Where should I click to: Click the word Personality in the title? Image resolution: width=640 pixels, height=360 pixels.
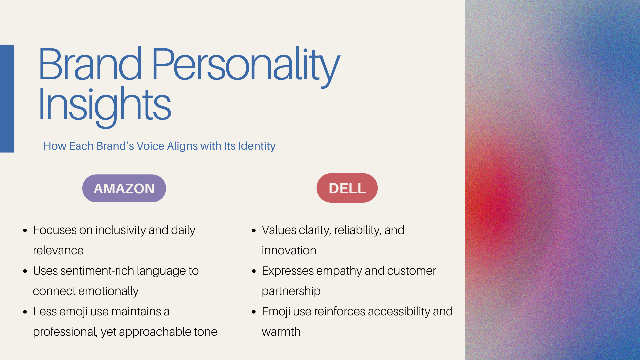tap(246, 67)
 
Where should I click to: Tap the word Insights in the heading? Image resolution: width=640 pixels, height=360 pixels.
tap(105, 106)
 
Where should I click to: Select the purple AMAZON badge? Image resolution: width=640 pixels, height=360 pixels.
tap(124, 188)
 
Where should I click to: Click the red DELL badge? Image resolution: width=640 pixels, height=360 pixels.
tap(347, 188)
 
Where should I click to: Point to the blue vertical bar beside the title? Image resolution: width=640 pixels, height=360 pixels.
tap(7, 99)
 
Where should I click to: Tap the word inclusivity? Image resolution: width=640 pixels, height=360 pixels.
tap(121, 230)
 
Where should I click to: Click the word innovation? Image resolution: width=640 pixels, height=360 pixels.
tap(289, 251)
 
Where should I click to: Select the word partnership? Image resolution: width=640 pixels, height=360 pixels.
tap(291, 291)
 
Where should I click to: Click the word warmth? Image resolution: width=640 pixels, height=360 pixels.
tap(281, 332)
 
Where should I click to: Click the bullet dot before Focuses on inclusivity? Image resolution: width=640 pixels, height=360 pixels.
tap(25, 230)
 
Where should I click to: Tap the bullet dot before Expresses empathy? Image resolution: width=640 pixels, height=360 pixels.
tap(254, 271)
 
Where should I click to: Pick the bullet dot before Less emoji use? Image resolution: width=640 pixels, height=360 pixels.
tap(25, 312)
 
